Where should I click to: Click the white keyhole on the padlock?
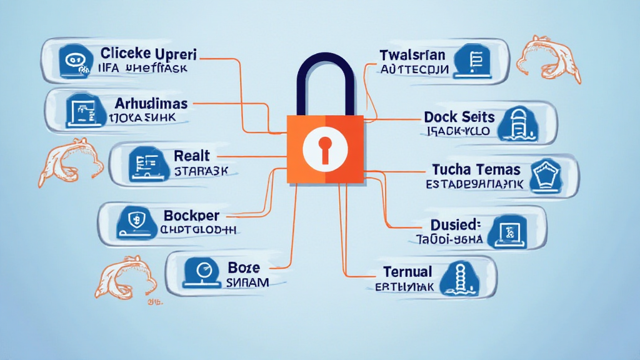(x=324, y=147)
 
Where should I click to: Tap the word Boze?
(x=241, y=267)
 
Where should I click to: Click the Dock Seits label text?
(x=459, y=117)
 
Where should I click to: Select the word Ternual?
(x=407, y=272)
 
